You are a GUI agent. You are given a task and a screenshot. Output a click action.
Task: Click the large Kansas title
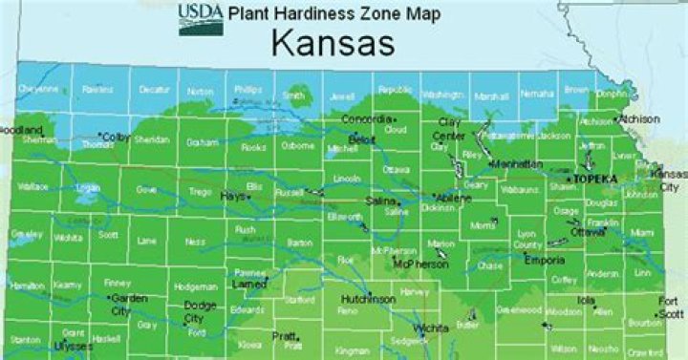click(x=332, y=43)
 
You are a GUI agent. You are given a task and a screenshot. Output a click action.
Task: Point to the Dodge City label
click(x=199, y=311)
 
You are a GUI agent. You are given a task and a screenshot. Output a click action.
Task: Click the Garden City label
click(x=131, y=305)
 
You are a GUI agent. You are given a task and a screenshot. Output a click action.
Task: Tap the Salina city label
click(x=379, y=201)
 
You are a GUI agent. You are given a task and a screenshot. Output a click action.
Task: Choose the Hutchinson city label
click(x=368, y=299)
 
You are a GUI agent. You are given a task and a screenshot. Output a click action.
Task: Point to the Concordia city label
click(x=367, y=118)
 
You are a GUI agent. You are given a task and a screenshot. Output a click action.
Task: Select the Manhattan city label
click(x=516, y=164)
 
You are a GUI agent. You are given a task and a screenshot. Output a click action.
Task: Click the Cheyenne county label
click(x=39, y=89)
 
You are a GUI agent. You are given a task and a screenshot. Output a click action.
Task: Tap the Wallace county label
click(x=32, y=187)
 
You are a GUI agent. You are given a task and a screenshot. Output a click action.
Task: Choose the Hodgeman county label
click(x=195, y=286)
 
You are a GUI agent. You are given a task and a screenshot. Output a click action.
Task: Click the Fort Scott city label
click(x=669, y=307)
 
